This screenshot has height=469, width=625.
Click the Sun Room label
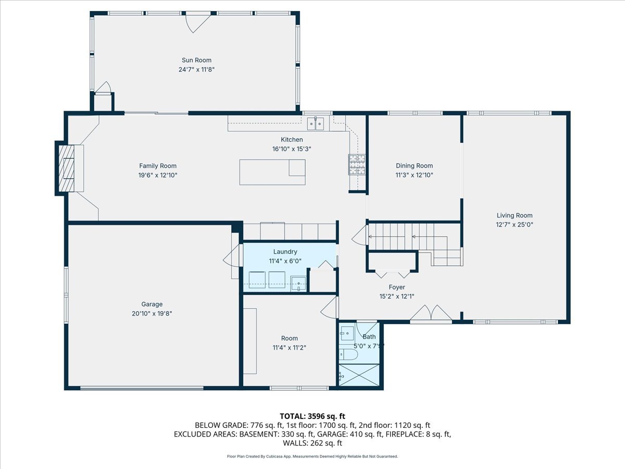point(196,60)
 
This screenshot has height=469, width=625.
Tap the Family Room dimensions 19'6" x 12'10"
point(158,175)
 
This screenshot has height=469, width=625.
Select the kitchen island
point(272,172)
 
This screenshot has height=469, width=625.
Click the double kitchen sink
point(316,124)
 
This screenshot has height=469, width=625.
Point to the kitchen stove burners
point(357,164)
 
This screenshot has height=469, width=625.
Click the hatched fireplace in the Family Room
point(67,168)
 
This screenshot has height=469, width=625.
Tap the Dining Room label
point(414,166)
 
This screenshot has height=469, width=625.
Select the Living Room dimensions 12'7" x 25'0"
point(515,225)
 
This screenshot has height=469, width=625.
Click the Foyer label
point(397,287)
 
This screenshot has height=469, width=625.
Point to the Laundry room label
point(285,252)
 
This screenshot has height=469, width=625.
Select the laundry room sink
point(298,283)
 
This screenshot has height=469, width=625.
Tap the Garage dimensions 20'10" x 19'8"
point(152,314)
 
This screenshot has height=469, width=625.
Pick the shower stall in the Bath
point(359,375)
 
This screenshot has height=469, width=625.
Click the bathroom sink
point(347,333)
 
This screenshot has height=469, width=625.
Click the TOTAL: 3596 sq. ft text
point(312,416)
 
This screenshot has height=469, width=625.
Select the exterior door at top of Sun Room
point(198,23)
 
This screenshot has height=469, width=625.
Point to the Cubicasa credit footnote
point(312,456)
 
